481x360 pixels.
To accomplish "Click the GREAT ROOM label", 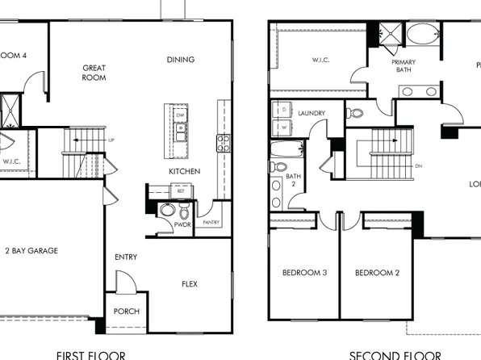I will pyautogui.click(x=94, y=73).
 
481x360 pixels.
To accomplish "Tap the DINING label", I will pyautogui.click(x=181, y=60).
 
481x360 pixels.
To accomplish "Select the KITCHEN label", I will pyautogui.click(x=184, y=172).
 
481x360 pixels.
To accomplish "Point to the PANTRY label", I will pyautogui.click(x=211, y=223).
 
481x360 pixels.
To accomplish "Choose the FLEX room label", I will pyautogui.click(x=189, y=283).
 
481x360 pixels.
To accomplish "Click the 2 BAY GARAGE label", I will pyautogui.click(x=30, y=251).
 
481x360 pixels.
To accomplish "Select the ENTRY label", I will pyautogui.click(x=125, y=257).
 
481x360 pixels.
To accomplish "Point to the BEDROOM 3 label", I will pyautogui.click(x=304, y=273).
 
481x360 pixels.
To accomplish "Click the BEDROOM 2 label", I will pyautogui.click(x=378, y=273).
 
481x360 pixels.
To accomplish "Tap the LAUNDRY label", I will pyautogui.click(x=311, y=114).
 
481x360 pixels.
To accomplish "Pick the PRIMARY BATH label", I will pyautogui.click(x=404, y=65).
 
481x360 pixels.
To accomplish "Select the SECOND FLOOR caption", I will pyautogui.click(x=386, y=354).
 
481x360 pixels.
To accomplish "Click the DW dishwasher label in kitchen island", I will pyautogui.click(x=179, y=115).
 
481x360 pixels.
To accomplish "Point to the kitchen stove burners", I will pyautogui.click(x=223, y=143).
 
